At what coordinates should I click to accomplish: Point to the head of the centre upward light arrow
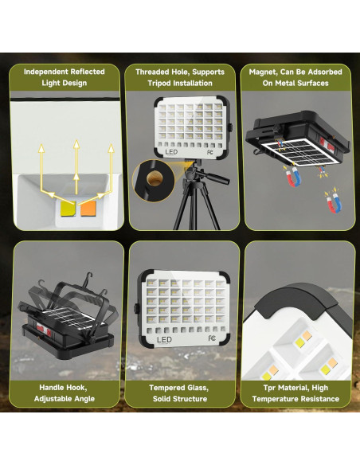pyautogui.click(x=76, y=144)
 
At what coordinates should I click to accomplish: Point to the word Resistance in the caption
pyautogui.click(x=317, y=399)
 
